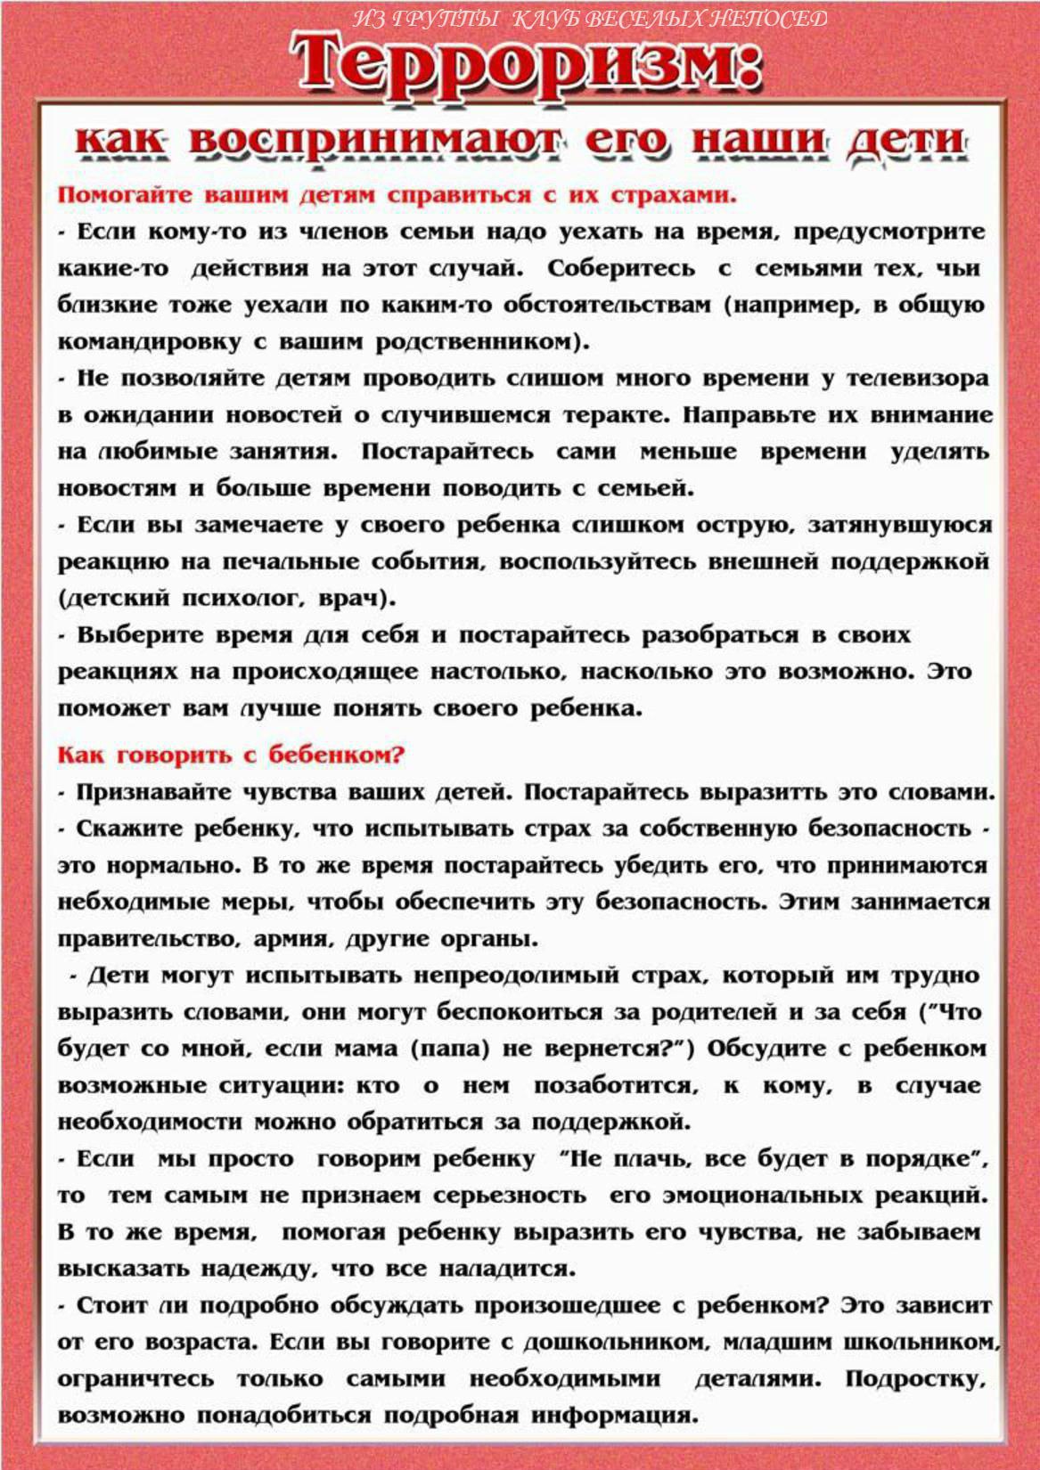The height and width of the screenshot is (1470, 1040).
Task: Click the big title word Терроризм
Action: [x=526, y=64]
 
